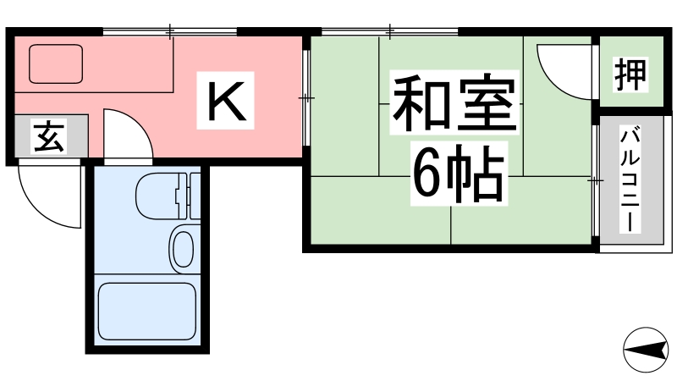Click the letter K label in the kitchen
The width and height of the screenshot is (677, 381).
point(225,101)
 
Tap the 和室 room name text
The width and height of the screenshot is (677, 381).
point(454,102)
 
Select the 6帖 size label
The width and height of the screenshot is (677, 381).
point(459,174)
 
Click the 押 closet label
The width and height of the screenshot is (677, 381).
point(630,75)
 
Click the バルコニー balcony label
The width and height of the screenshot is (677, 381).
point(630,179)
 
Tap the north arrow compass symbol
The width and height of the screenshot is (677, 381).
point(646,350)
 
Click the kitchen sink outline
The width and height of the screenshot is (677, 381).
point(56,64)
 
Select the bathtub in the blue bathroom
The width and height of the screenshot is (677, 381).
point(146,311)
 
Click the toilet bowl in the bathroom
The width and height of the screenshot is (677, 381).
point(157,196)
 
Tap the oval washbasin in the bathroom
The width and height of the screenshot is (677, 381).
point(184,249)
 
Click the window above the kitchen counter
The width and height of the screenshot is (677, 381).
point(170,31)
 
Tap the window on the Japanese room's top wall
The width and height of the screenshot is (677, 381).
point(390,31)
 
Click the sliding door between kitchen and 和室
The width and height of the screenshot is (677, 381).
point(306,98)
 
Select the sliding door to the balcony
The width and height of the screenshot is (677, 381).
point(596,180)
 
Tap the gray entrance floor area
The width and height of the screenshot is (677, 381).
point(52,135)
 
